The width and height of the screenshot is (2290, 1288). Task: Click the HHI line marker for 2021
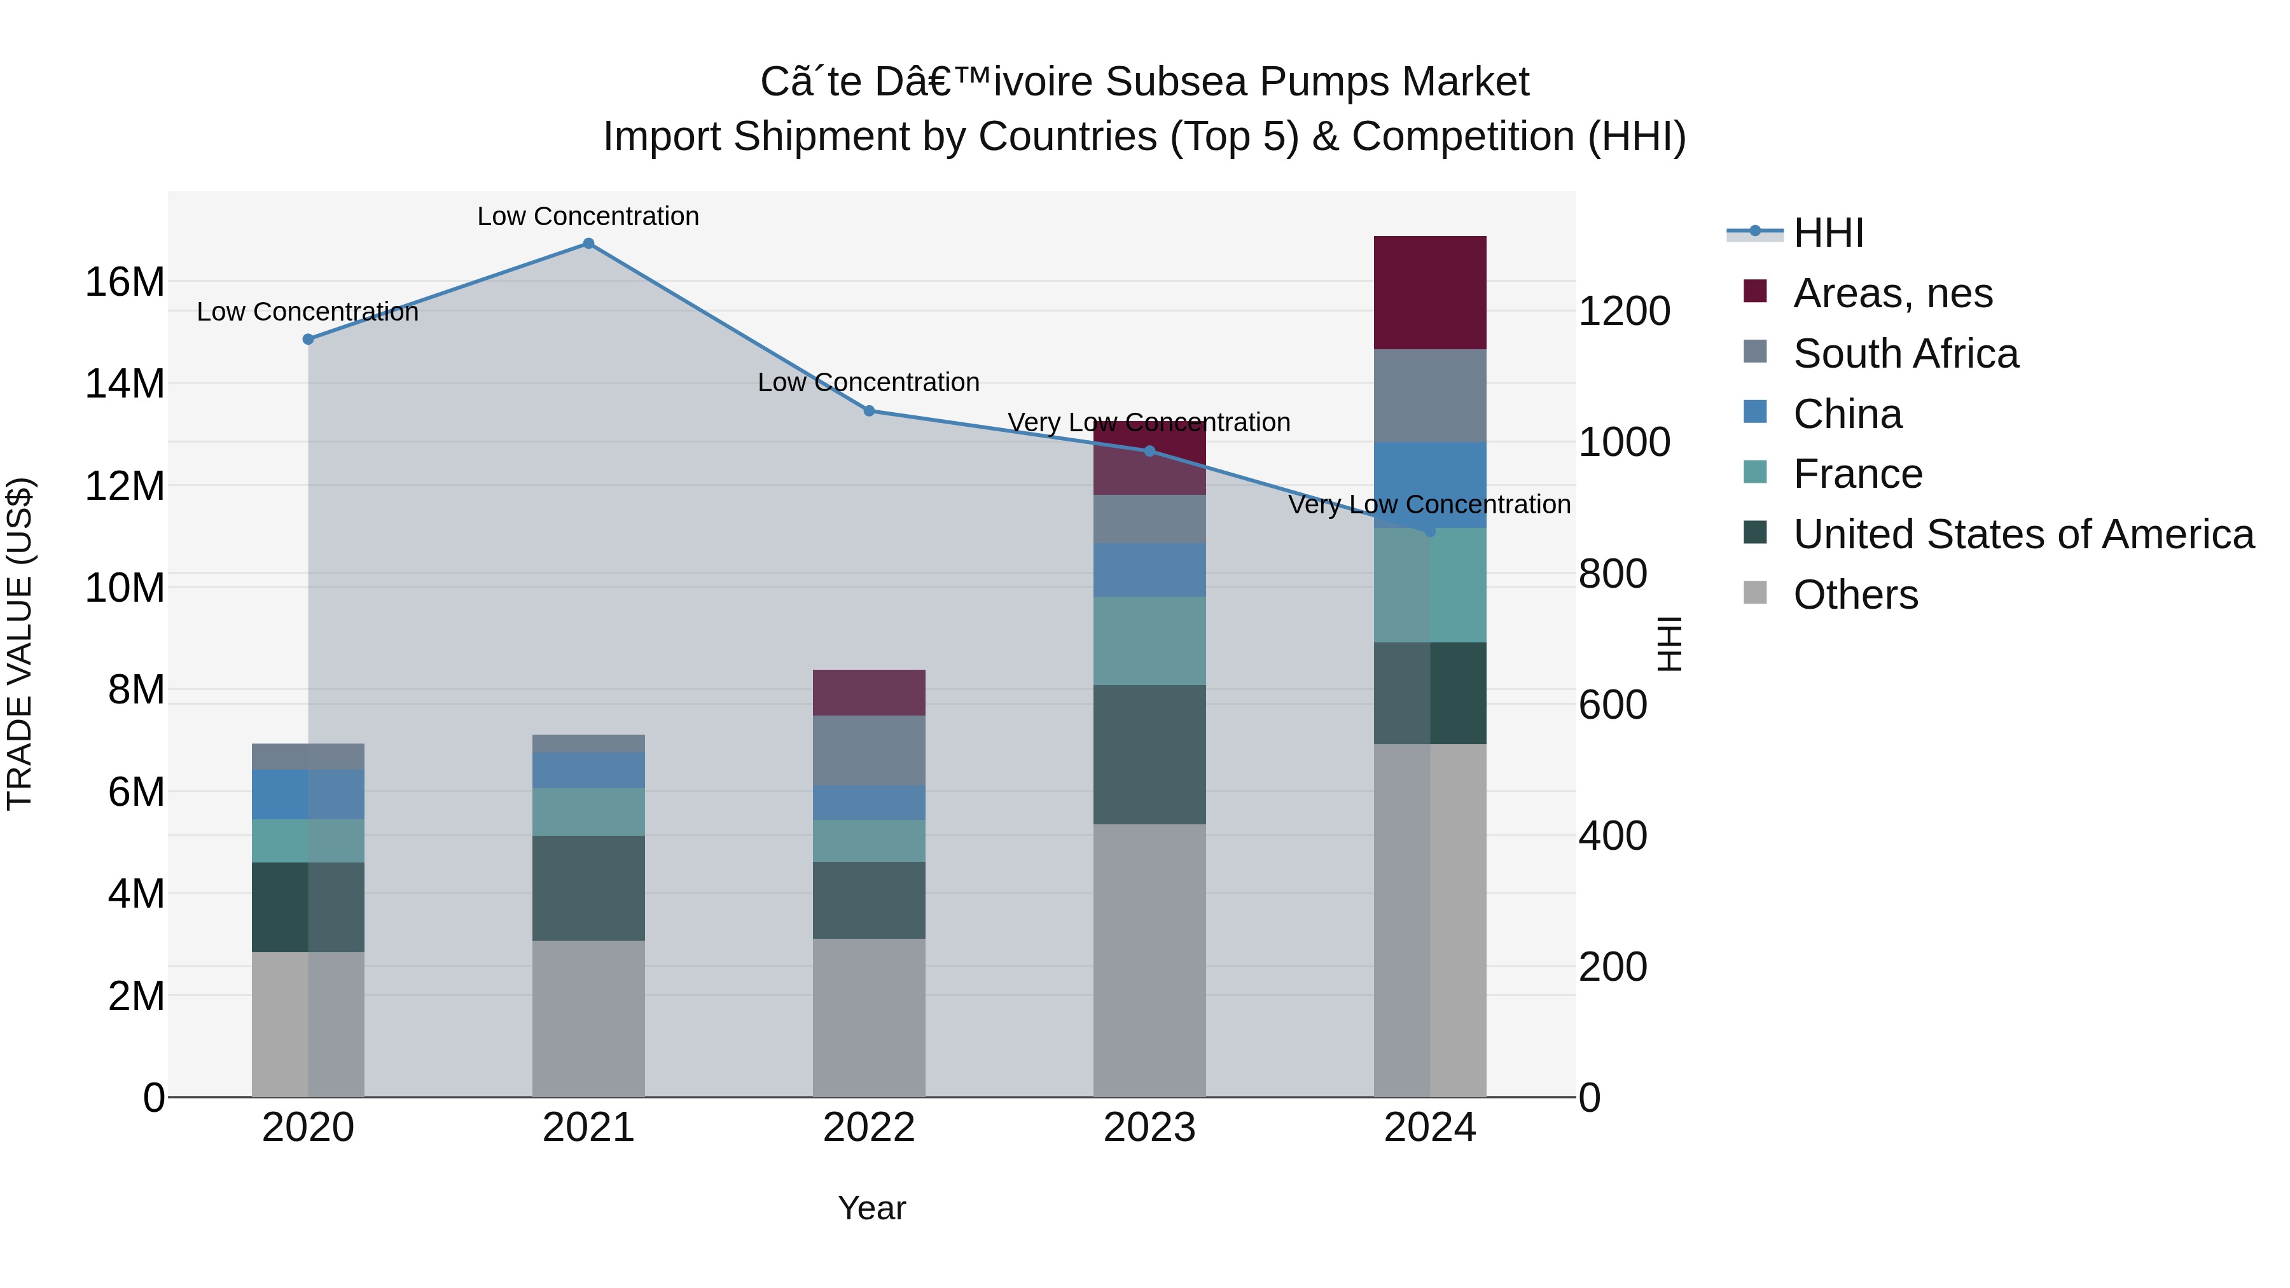(x=588, y=244)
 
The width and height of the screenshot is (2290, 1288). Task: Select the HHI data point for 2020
(x=308, y=340)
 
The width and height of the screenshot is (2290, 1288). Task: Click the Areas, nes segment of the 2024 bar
(x=1429, y=293)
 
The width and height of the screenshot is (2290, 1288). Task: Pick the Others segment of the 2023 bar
(x=1149, y=960)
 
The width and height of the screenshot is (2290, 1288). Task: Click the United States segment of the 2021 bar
(x=588, y=888)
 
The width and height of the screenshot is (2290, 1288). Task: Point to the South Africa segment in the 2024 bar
(x=1429, y=396)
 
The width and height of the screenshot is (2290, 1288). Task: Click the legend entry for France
(x=1857, y=474)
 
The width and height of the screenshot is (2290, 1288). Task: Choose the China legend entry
(x=1847, y=414)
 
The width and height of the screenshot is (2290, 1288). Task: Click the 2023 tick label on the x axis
(x=1149, y=1128)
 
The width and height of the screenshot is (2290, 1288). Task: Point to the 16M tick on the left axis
(x=125, y=282)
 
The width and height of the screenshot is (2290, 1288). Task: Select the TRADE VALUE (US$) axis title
(x=20, y=644)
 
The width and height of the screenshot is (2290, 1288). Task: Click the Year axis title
(x=871, y=1208)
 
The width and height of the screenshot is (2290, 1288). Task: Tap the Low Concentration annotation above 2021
(x=588, y=216)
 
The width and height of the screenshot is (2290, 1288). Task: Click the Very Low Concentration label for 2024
(x=1429, y=504)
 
